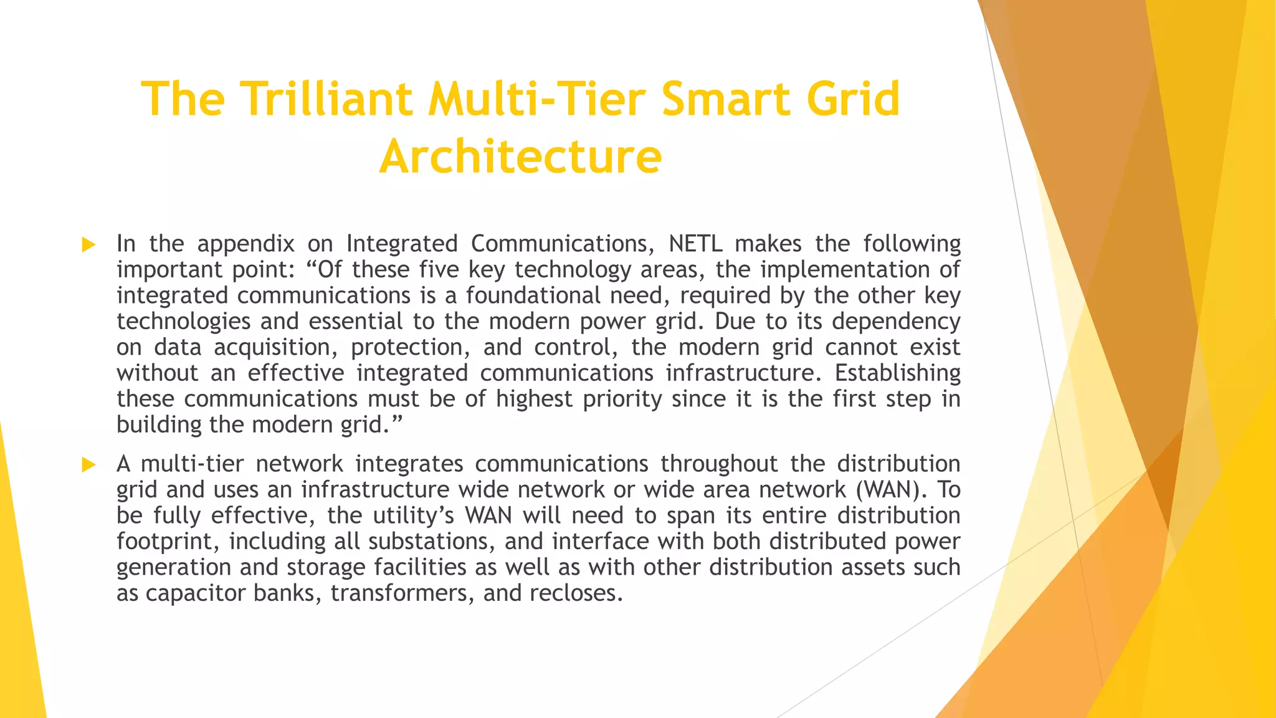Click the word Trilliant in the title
click(x=327, y=99)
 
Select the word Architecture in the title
click(x=520, y=156)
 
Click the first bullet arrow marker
click(x=88, y=244)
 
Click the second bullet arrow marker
click(x=88, y=464)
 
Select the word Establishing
click(x=897, y=373)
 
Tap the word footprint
click(x=164, y=542)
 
